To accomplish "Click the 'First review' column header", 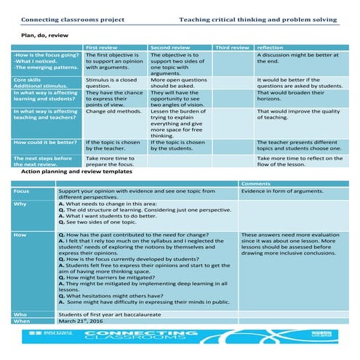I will pyautogui.click(x=103, y=47).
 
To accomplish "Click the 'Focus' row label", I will pyautogui.click(x=22, y=191).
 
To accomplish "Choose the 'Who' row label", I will pyautogui.click(x=20, y=313).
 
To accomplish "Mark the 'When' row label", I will pyautogui.click(x=21, y=321).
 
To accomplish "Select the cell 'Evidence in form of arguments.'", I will pyautogui.click(x=281, y=191).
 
